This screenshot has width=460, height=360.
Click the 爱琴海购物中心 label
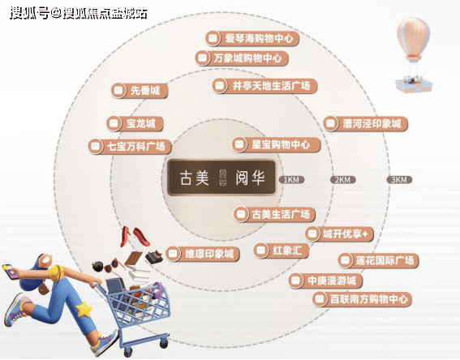point(252,38)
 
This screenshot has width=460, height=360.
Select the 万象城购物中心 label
point(242,58)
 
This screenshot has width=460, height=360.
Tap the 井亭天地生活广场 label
point(265,86)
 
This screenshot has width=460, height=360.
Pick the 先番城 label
point(140,90)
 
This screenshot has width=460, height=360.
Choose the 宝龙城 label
point(135,123)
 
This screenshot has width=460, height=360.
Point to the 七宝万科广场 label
point(130,146)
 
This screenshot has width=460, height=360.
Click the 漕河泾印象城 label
point(366,123)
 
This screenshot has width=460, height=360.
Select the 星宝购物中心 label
point(276,144)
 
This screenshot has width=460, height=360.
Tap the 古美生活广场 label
point(274,214)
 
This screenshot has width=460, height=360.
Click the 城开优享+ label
point(339,234)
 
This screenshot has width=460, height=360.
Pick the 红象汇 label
point(281,251)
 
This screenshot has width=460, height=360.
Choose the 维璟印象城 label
point(203,254)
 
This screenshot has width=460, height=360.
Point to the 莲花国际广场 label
point(378,260)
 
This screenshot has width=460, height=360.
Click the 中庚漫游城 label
point(325,281)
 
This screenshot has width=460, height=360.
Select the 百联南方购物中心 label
point(362,299)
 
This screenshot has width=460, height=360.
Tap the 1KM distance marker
point(291,180)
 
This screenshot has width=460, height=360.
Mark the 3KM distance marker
point(399,180)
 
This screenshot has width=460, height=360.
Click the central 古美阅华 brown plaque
point(221,178)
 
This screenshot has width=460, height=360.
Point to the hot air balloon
point(414,54)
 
